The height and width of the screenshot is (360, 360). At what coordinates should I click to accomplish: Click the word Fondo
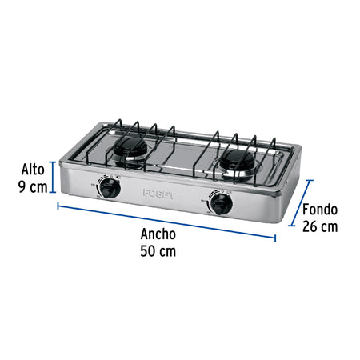[x=320, y=210]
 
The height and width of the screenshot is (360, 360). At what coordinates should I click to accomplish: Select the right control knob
[x=219, y=205]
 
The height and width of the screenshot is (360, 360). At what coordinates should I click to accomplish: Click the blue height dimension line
[x=54, y=178]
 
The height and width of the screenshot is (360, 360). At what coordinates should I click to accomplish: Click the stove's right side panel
[x=286, y=192]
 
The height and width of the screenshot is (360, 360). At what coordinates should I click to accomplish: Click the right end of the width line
[x=275, y=238]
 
